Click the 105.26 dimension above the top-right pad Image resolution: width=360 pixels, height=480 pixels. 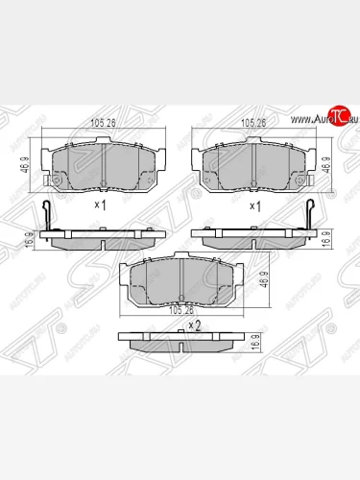[253, 123]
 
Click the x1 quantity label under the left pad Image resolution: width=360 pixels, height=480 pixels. [99, 204]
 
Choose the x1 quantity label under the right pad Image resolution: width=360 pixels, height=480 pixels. [254, 204]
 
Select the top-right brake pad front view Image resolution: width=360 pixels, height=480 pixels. [255, 163]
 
